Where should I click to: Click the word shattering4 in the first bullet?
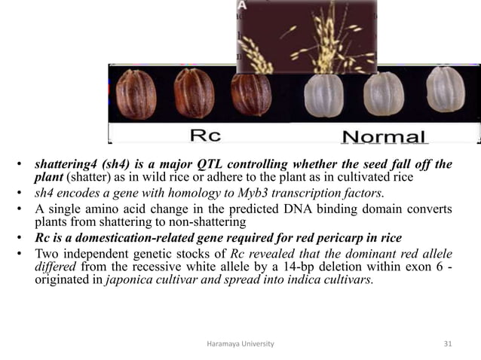click(58, 164)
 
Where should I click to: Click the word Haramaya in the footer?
click(222, 343)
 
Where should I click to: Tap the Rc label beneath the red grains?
click(204, 136)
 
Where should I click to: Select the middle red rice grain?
click(194, 94)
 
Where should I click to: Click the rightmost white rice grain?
click(441, 89)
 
